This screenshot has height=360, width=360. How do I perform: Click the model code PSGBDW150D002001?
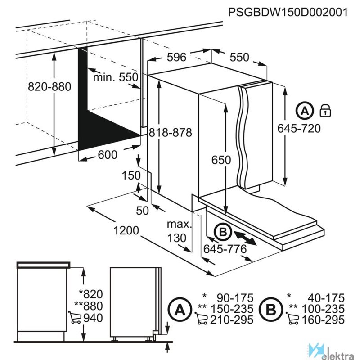(288, 12)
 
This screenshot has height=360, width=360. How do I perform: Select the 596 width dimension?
(176, 57)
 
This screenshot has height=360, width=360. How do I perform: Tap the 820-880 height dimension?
(49, 87)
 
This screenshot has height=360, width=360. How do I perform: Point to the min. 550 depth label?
(116, 77)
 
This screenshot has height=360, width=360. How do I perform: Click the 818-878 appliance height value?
(171, 133)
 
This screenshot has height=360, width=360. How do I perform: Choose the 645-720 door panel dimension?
(299, 128)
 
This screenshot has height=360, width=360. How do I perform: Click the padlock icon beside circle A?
(325, 111)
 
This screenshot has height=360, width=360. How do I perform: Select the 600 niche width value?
(108, 155)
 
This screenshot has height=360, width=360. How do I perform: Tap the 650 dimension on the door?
(221, 160)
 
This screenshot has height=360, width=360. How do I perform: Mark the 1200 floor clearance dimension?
(126, 230)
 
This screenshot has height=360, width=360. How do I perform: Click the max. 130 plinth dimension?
(178, 231)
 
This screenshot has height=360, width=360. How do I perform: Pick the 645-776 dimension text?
(225, 249)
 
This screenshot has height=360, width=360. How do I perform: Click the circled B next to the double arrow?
(223, 232)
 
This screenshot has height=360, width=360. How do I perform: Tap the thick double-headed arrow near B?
(245, 238)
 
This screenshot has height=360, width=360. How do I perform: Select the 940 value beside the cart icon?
(93, 318)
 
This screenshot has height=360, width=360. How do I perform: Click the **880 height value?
(89, 306)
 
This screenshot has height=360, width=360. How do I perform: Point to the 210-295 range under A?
(232, 319)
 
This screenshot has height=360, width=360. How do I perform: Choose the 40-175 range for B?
(326, 298)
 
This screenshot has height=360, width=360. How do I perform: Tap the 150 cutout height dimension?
(131, 175)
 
